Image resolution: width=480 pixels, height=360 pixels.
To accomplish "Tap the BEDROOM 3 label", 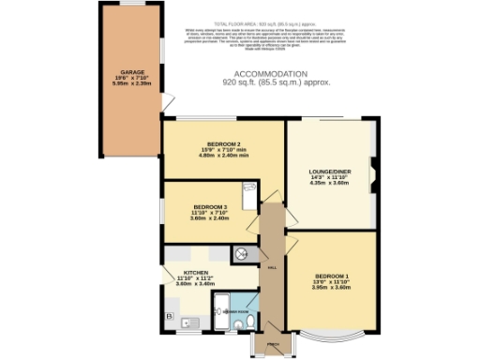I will point(210,206).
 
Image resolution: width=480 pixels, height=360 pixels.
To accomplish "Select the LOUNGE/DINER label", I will point(329,171).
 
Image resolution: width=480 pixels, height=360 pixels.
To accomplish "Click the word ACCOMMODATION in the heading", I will point(269,73).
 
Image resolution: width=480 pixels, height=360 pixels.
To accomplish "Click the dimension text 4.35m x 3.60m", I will point(329,183).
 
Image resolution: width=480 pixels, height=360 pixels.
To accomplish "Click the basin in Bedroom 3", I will point(247,198).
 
